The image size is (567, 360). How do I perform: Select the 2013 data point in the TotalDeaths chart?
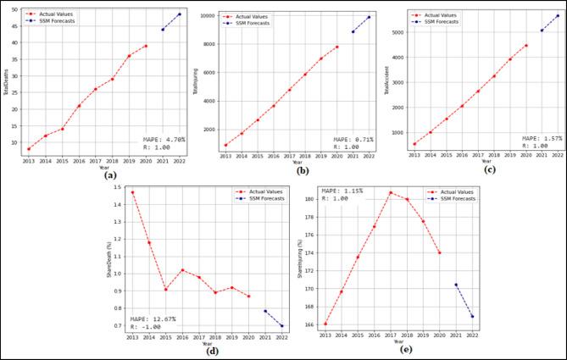pos(29,148)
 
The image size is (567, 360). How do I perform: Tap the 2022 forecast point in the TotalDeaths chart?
pos(179,14)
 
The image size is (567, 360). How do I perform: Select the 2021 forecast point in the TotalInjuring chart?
pos(353,31)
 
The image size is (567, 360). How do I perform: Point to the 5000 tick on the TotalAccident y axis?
pos(397,32)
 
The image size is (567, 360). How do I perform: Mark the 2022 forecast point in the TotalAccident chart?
pos(558,15)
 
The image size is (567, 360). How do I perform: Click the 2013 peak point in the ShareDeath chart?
pos(132,192)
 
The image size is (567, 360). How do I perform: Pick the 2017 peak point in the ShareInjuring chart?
pos(390,192)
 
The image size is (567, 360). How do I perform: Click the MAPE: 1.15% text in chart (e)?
pos(342,191)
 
